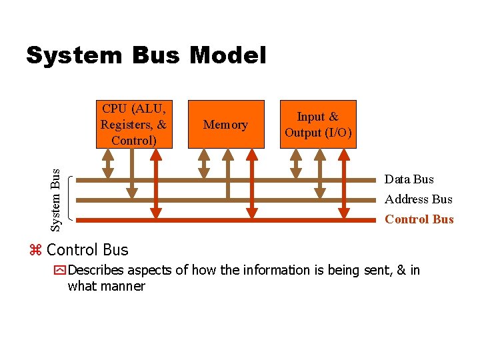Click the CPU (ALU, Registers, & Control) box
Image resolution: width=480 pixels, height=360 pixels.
click(133, 124)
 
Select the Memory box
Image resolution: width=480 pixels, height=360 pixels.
click(225, 124)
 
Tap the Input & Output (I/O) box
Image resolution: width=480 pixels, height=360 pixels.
click(318, 124)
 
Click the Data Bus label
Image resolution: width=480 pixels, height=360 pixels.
click(409, 179)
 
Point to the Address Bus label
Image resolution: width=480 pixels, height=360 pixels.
click(418, 199)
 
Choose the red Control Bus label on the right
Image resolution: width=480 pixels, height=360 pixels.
click(419, 219)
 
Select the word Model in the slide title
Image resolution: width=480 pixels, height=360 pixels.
click(227, 55)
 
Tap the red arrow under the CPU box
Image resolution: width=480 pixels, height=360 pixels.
click(156, 183)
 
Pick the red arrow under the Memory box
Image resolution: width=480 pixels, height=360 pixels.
click(251, 183)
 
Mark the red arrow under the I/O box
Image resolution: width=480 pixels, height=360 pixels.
click(344, 183)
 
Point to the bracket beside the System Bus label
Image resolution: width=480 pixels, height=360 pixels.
click(71, 199)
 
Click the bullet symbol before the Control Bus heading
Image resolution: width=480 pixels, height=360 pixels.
click(36, 251)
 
